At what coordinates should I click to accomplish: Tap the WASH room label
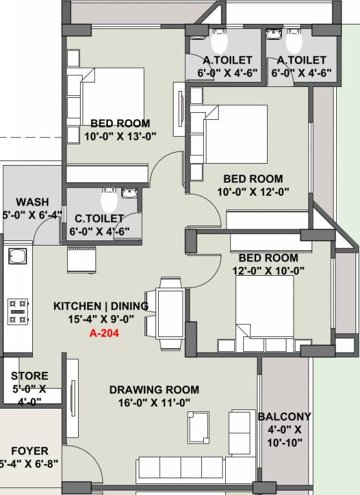pos(31,202)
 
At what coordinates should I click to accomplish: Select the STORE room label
pos(29,376)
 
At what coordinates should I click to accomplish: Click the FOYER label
pos(29,451)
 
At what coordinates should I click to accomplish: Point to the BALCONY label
pos(284,416)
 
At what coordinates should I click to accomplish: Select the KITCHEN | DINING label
pos(101,306)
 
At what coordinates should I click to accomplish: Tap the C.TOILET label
pos(97,218)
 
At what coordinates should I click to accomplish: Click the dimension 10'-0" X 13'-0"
pos(120,135)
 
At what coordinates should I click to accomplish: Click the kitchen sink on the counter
pos(17,258)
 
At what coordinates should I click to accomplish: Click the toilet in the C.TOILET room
pos(108,195)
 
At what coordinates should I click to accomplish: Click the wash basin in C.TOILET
pos(129,191)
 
